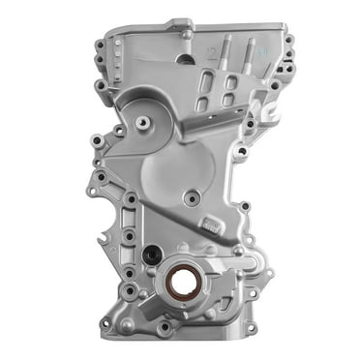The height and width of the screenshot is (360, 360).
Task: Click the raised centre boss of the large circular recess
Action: coord(144,123)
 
